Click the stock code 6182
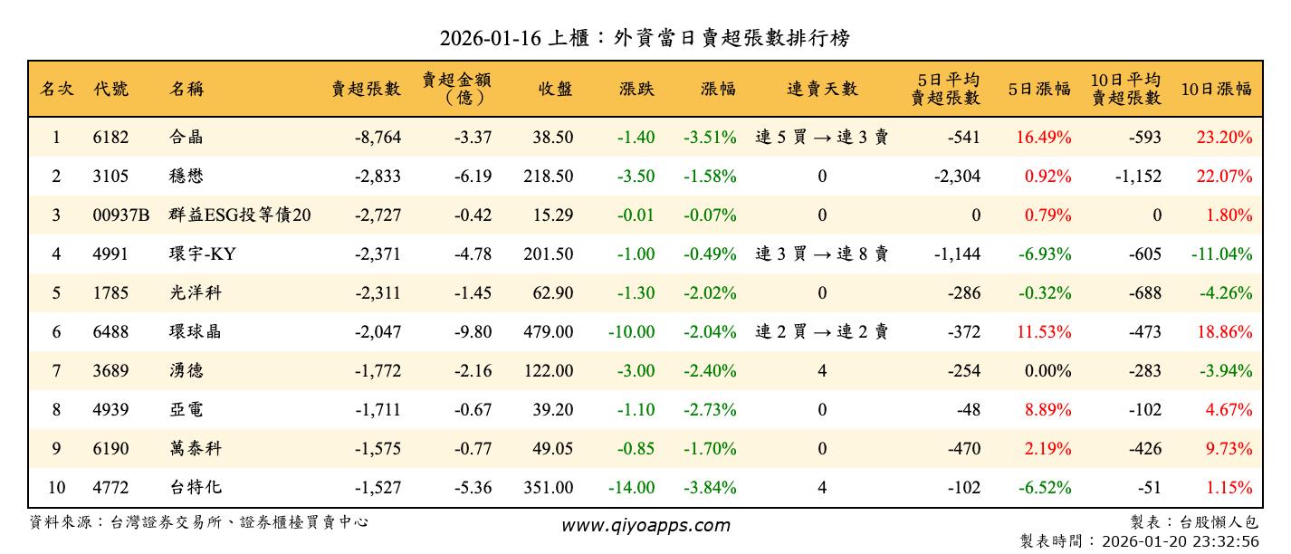click(110, 138)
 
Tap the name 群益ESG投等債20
click(239, 215)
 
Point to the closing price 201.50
click(548, 254)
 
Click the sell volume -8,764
click(378, 138)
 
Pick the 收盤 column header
click(555, 89)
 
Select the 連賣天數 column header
click(822, 89)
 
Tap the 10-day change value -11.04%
click(1222, 254)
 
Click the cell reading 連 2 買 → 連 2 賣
click(822, 332)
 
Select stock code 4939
click(110, 410)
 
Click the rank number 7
click(56, 371)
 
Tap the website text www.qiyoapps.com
click(645, 525)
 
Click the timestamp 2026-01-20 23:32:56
click(1181, 541)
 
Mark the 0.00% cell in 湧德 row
click(1050, 371)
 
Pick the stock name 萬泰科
click(195, 449)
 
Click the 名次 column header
click(56, 89)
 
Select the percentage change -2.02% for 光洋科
click(710, 293)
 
